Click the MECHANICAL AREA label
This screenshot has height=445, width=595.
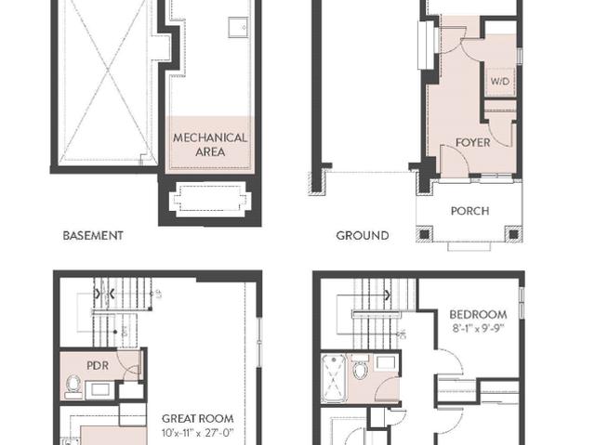[x=210, y=144]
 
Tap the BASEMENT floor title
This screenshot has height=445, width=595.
[x=92, y=236]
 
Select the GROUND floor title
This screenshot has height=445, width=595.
[x=363, y=236]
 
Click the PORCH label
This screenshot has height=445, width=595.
[x=469, y=211]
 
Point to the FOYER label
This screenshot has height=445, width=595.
[x=472, y=143]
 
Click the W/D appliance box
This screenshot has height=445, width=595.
[x=500, y=81]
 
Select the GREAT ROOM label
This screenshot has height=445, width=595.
[x=197, y=419]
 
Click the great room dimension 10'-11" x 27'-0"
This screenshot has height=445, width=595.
[x=197, y=432]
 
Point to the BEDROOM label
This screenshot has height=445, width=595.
[x=478, y=315]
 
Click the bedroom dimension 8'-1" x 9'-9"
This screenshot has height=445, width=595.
[x=478, y=328]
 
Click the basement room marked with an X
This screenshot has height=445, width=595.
[x=104, y=84]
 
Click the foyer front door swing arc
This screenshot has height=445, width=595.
[x=454, y=158]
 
